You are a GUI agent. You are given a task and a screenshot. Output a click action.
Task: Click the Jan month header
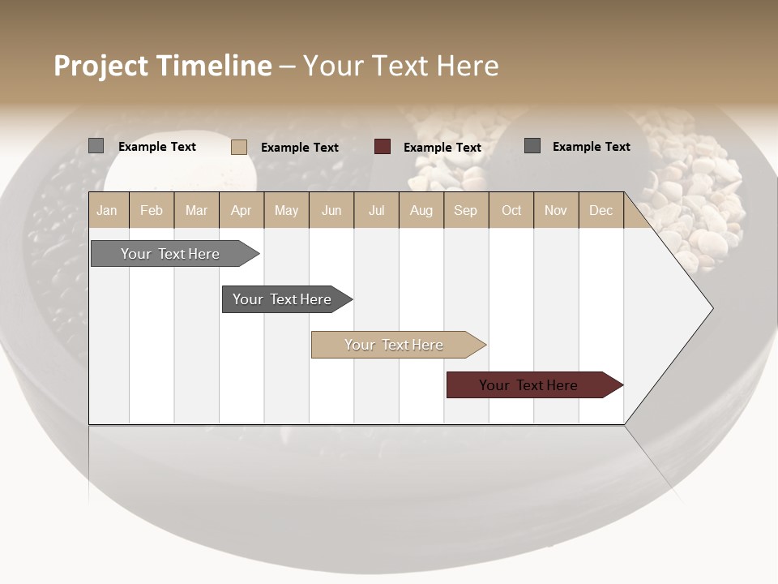tap(107, 210)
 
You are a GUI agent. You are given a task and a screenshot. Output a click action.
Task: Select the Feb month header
tap(152, 210)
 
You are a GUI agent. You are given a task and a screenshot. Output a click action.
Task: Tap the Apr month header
tap(241, 210)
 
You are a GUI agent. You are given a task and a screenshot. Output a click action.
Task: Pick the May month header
tap(286, 210)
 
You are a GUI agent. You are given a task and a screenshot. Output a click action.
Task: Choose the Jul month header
tap(376, 210)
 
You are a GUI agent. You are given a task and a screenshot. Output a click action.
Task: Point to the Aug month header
tap(421, 210)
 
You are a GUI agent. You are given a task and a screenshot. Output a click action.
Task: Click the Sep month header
tap(465, 210)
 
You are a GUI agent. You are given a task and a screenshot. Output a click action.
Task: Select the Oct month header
tap(511, 210)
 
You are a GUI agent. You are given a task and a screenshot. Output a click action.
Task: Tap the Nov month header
tap(556, 210)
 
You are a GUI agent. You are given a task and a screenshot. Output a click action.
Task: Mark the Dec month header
tap(601, 210)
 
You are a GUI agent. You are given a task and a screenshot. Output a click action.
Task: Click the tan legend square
tap(239, 147)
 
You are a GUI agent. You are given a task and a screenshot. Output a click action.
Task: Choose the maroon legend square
tap(383, 147)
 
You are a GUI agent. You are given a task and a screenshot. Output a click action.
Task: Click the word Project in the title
tap(101, 66)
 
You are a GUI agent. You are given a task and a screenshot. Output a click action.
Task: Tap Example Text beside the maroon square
tap(442, 148)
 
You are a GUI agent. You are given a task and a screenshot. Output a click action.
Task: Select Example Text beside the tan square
tap(300, 148)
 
